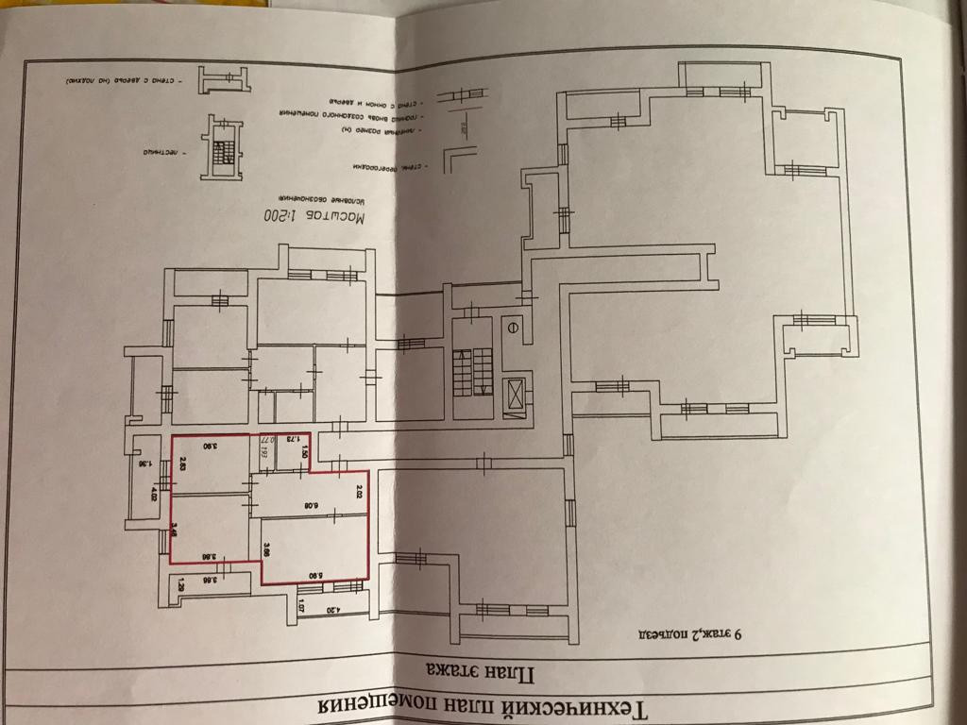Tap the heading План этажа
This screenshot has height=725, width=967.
pos(482,672)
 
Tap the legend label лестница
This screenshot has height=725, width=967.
pos(160,151)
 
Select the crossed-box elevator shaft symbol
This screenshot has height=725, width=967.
pos(516,396)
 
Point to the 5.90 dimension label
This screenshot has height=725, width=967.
pos(311,572)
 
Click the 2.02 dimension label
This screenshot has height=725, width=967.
pos(360,491)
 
